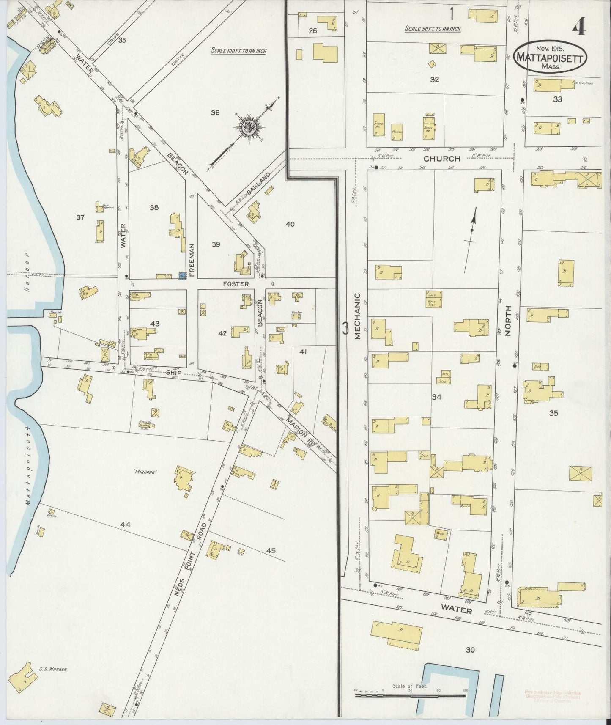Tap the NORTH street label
click(508, 320)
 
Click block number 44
click(125, 525)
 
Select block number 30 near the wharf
click(470, 650)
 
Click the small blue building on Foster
click(182, 275)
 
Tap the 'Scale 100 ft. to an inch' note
click(238, 51)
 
